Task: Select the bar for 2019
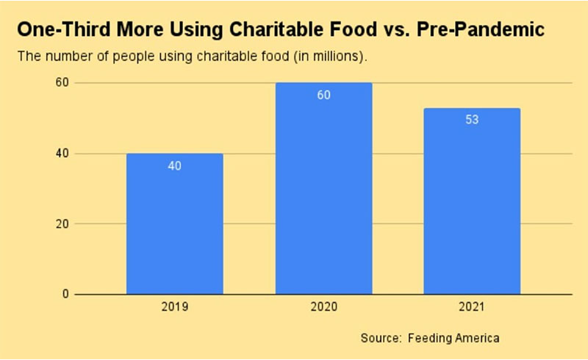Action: click(174, 224)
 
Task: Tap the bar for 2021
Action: click(472, 201)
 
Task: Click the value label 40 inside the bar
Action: click(174, 166)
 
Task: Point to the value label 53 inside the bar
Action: click(472, 120)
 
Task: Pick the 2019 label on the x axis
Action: click(174, 306)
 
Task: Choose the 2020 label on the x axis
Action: click(323, 306)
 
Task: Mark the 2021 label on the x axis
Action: click(472, 306)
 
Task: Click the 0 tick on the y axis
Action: click(65, 295)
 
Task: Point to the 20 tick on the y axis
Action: click(62, 224)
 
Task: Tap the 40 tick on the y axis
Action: click(62, 154)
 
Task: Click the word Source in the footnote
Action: click(379, 339)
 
